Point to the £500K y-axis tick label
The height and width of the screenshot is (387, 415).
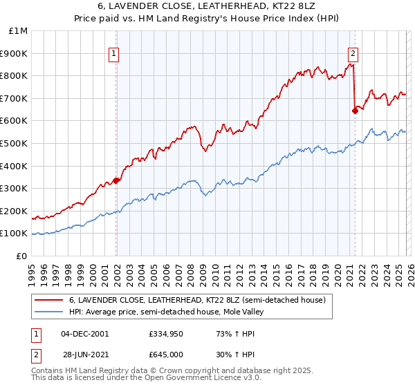(x=15, y=143)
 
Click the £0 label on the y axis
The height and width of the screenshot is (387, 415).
(x=22, y=256)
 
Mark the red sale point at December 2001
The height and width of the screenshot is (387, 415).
(x=116, y=180)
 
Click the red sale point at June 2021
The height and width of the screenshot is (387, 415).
(x=355, y=111)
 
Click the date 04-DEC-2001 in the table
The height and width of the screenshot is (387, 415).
(x=84, y=334)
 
